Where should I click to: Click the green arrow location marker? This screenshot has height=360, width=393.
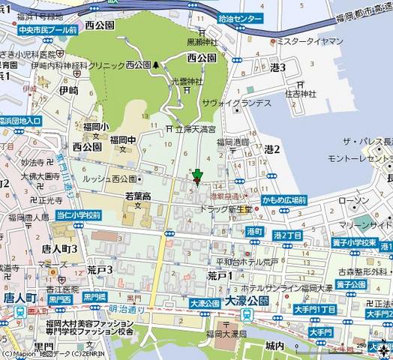coord(197,177)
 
